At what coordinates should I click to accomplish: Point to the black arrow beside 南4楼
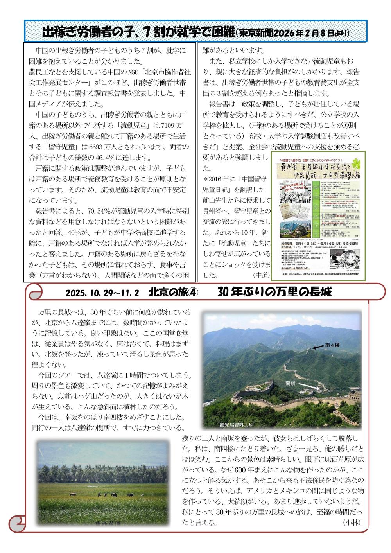click(x=317, y=347)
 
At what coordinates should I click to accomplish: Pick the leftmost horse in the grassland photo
click(x=72, y=494)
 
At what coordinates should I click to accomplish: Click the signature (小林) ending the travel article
click(x=352, y=522)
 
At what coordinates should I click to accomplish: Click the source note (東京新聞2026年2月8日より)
click(x=293, y=32)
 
